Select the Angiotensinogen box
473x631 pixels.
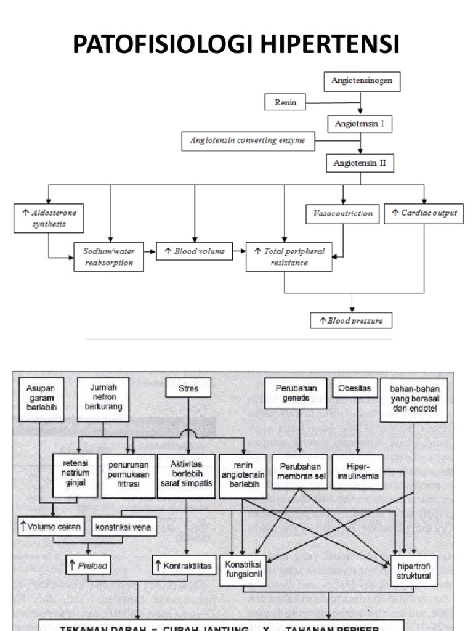pyautogui.click(x=362, y=81)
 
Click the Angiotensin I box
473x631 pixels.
pyautogui.click(x=359, y=123)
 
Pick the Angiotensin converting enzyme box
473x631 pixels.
pyautogui.click(x=248, y=141)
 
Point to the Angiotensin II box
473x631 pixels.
pyautogui.click(x=359, y=163)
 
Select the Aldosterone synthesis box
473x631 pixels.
pyautogui.click(x=49, y=218)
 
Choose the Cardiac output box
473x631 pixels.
pyautogui.click(x=424, y=213)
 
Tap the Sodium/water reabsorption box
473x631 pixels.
pyautogui.click(x=109, y=256)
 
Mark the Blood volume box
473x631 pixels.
pyautogui.click(x=194, y=251)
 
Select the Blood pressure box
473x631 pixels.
pyautogui.click(x=351, y=320)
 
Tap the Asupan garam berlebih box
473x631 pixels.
pyautogui.click(x=41, y=399)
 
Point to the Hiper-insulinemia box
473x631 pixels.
pyautogui.click(x=358, y=471)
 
